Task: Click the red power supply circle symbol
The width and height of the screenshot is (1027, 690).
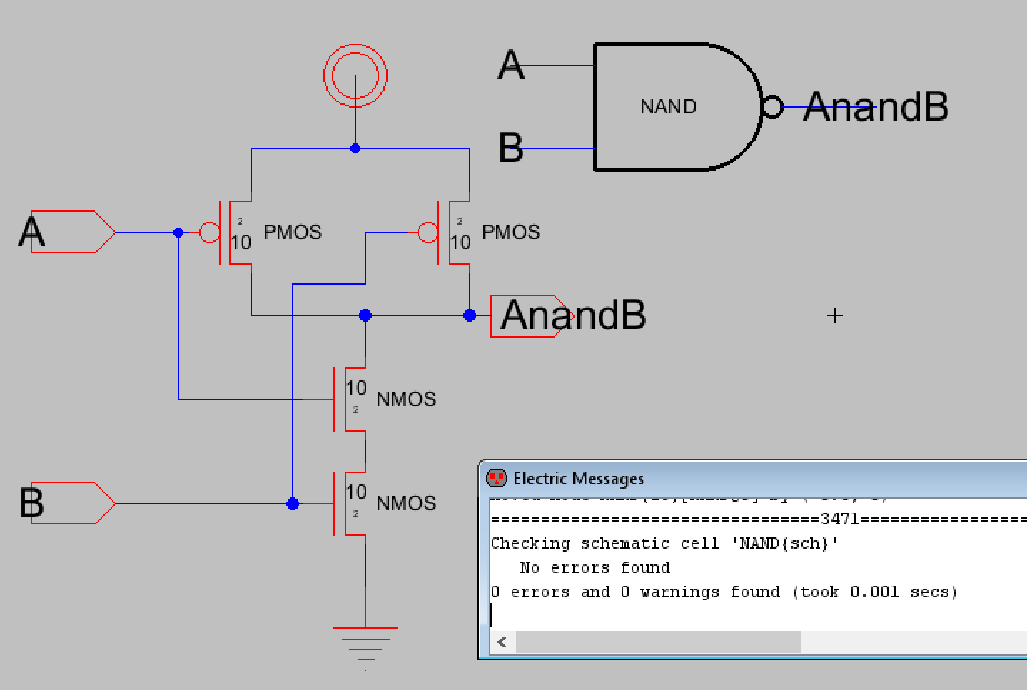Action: pyautogui.click(x=355, y=75)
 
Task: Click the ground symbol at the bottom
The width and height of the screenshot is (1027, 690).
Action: pyautogui.click(x=365, y=639)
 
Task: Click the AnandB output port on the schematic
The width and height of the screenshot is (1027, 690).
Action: pyautogui.click(x=531, y=315)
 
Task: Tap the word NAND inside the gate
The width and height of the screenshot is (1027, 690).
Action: pyautogui.click(x=668, y=107)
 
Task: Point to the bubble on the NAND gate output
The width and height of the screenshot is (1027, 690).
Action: pyautogui.click(x=771, y=108)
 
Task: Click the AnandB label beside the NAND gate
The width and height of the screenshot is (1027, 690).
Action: pyautogui.click(x=876, y=108)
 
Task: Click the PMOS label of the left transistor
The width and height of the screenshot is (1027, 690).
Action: pyautogui.click(x=293, y=232)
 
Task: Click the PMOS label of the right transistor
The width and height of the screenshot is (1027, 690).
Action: pyautogui.click(x=511, y=232)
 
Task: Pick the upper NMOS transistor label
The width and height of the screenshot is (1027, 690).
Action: pyautogui.click(x=406, y=399)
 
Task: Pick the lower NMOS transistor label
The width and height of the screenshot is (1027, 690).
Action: pyautogui.click(x=406, y=503)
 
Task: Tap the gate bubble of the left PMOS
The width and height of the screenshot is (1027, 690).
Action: pyautogui.click(x=209, y=232)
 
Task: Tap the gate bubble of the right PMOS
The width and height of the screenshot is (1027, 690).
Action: pyautogui.click(x=428, y=232)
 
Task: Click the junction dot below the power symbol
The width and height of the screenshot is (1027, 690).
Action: pyautogui.click(x=355, y=148)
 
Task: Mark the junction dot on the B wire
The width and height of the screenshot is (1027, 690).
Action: pyautogui.click(x=293, y=504)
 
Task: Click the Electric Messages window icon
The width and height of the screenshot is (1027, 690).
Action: pyautogui.click(x=496, y=478)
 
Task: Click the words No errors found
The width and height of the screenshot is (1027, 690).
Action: pyautogui.click(x=595, y=567)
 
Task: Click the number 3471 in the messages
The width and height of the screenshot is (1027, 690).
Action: pyautogui.click(x=840, y=519)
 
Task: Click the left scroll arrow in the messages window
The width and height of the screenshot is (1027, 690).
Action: pyautogui.click(x=502, y=641)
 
